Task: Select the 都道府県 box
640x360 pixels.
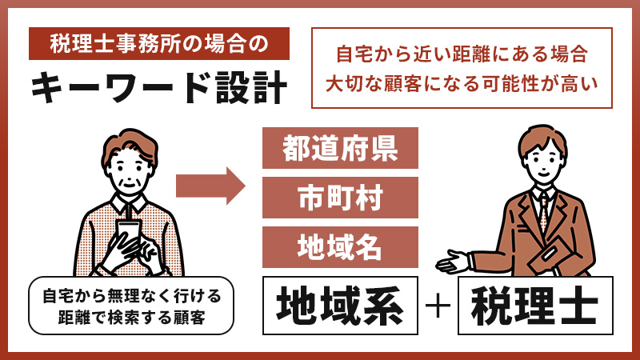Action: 340,148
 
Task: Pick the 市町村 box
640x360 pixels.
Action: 340,197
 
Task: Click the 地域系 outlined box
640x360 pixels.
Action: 340,305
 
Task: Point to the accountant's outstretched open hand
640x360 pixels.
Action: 452,262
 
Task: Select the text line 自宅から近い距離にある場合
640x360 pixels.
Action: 462,55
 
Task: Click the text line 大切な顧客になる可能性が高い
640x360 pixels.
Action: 462,82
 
